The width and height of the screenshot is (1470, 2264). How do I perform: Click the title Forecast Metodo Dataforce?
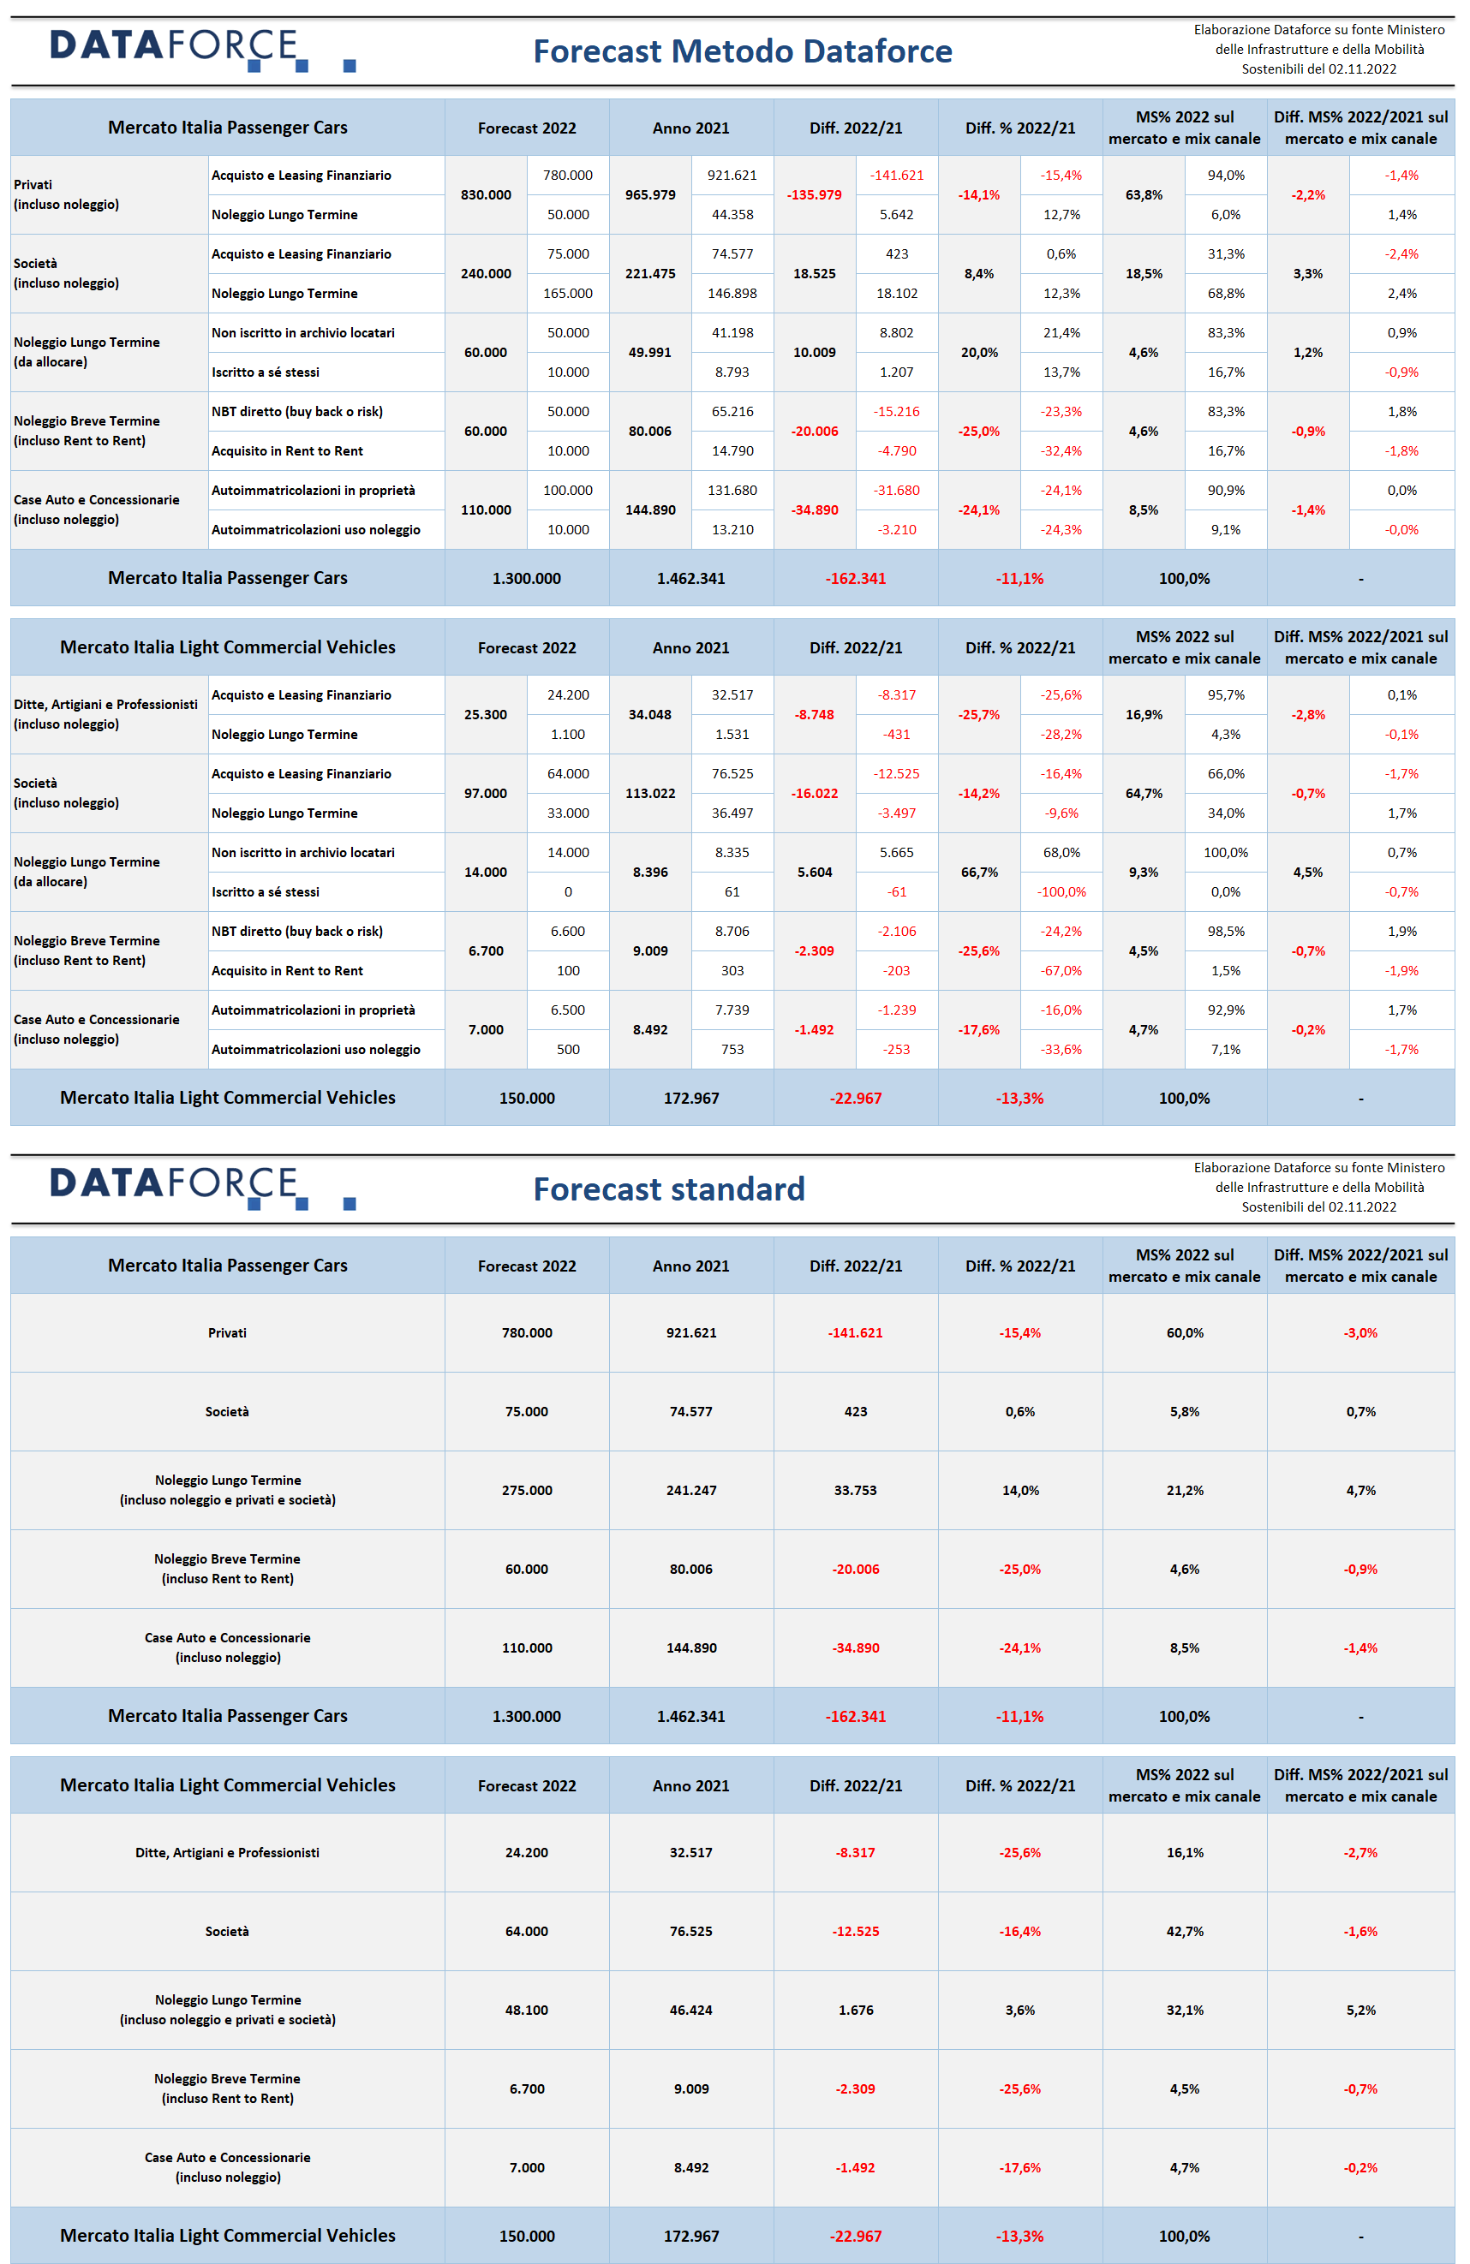click(742, 51)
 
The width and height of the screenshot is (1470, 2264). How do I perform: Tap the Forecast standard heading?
click(669, 1189)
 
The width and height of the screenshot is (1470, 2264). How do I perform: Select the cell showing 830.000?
click(485, 195)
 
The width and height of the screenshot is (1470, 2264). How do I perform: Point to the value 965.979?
click(650, 195)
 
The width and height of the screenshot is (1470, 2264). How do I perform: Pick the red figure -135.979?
click(815, 195)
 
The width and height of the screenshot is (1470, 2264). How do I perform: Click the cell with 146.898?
click(732, 293)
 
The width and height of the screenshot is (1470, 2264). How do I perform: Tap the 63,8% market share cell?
click(1144, 195)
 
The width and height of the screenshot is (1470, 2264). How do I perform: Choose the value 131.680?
click(732, 490)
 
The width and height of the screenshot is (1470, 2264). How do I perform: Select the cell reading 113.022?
click(650, 794)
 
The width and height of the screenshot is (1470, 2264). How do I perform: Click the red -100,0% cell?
click(1061, 891)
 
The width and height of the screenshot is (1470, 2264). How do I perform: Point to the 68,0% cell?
click(1061, 852)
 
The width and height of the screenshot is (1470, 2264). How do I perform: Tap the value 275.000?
click(526, 1490)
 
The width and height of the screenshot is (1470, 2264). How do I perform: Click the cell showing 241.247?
click(690, 1490)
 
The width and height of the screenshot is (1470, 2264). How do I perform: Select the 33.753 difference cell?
click(856, 1490)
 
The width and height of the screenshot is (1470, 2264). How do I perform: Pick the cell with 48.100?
click(526, 2010)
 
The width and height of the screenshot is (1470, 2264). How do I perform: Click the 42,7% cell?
click(1185, 1931)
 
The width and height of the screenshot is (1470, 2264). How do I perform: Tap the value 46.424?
click(690, 2010)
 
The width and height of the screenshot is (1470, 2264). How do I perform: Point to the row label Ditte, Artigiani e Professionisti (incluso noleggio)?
click(105, 713)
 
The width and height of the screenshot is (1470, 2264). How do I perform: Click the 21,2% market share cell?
click(1185, 1490)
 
